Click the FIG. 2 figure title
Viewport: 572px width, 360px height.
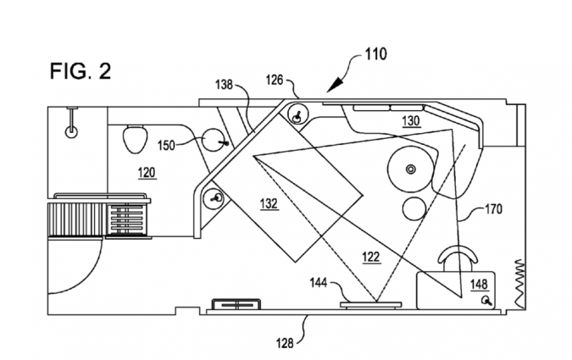[81, 71]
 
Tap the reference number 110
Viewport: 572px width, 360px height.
[375, 54]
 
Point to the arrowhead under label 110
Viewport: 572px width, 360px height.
[335, 86]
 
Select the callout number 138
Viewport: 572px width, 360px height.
[224, 85]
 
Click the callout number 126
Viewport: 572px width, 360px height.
[275, 80]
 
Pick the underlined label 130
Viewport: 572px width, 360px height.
[411, 121]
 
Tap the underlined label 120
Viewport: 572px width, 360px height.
[147, 172]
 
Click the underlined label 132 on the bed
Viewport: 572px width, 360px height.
[269, 203]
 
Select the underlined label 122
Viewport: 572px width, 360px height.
[371, 258]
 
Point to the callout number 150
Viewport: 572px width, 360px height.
[166, 146]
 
